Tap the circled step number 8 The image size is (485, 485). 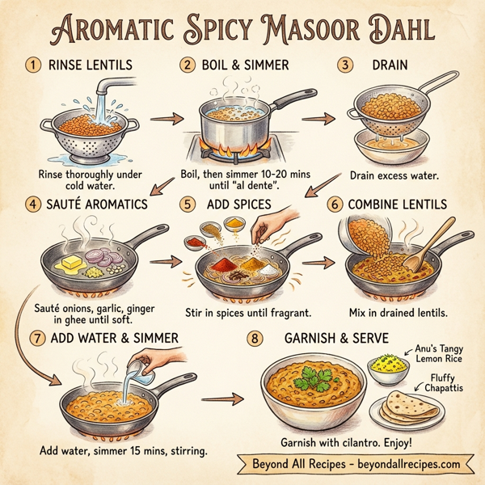tap(256, 338)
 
